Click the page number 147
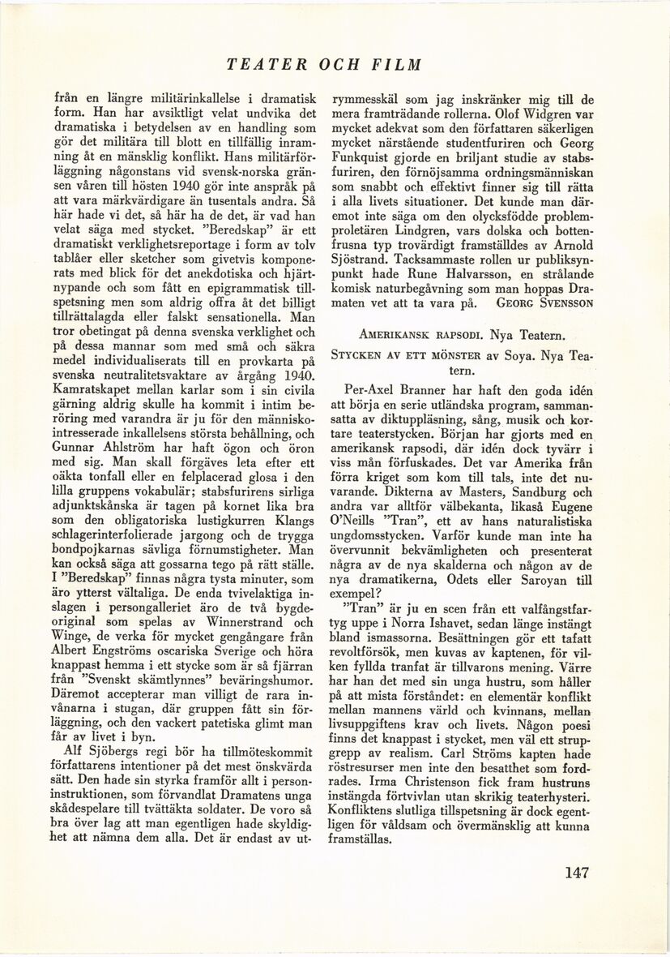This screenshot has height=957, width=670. pyautogui.click(x=572, y=873)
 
